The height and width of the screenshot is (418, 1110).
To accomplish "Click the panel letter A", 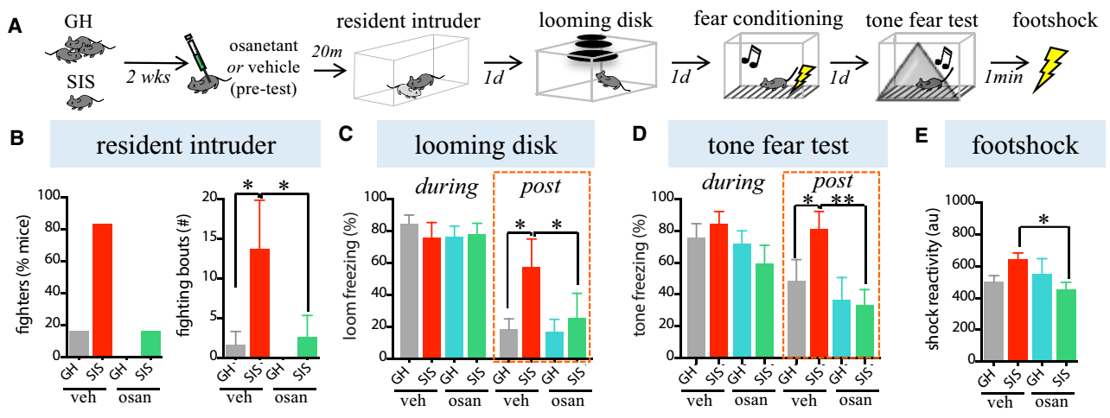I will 15,27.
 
